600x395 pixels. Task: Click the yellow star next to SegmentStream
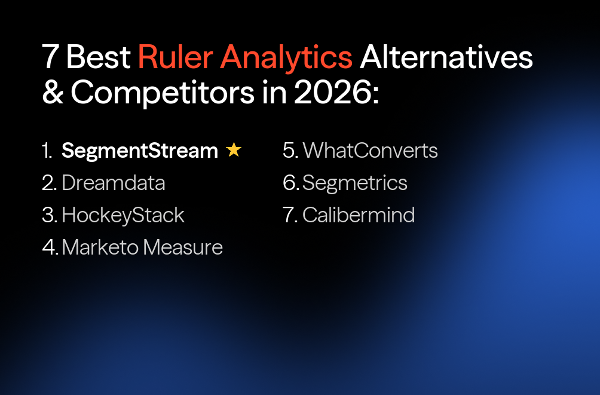234,151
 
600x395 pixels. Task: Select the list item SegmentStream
139,151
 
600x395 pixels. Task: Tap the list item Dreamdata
113,183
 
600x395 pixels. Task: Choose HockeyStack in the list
123,215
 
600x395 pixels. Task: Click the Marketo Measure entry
142,247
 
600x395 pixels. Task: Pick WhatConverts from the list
370,151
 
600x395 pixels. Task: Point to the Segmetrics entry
355,183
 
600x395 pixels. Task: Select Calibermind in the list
359,215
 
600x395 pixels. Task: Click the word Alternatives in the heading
446,57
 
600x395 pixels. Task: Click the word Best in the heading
99,57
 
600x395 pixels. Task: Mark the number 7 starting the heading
51,57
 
